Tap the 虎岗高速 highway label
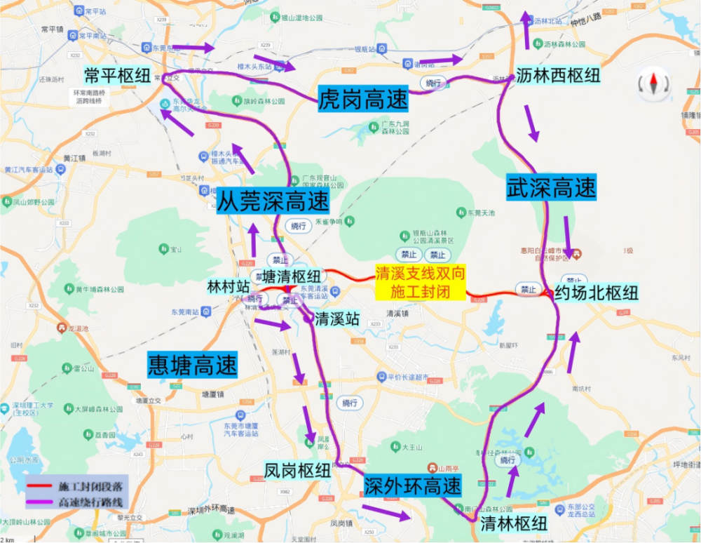(x=362, y=99)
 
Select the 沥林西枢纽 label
(x=558, y=76)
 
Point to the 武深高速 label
(x=551, y=187)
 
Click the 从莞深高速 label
(x=273, y=202)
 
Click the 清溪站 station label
(x=337, y=319)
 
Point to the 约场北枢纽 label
(x=597, y=293)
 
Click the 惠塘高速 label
(x=192, y=365)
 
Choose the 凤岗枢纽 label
(x=297, y=470)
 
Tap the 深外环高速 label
(x=413, y=485)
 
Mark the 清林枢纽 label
(x=514, y=524)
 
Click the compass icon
(x=653, y=84)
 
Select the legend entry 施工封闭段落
(x=92, y=485)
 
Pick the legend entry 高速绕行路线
(x=92, y=502)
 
